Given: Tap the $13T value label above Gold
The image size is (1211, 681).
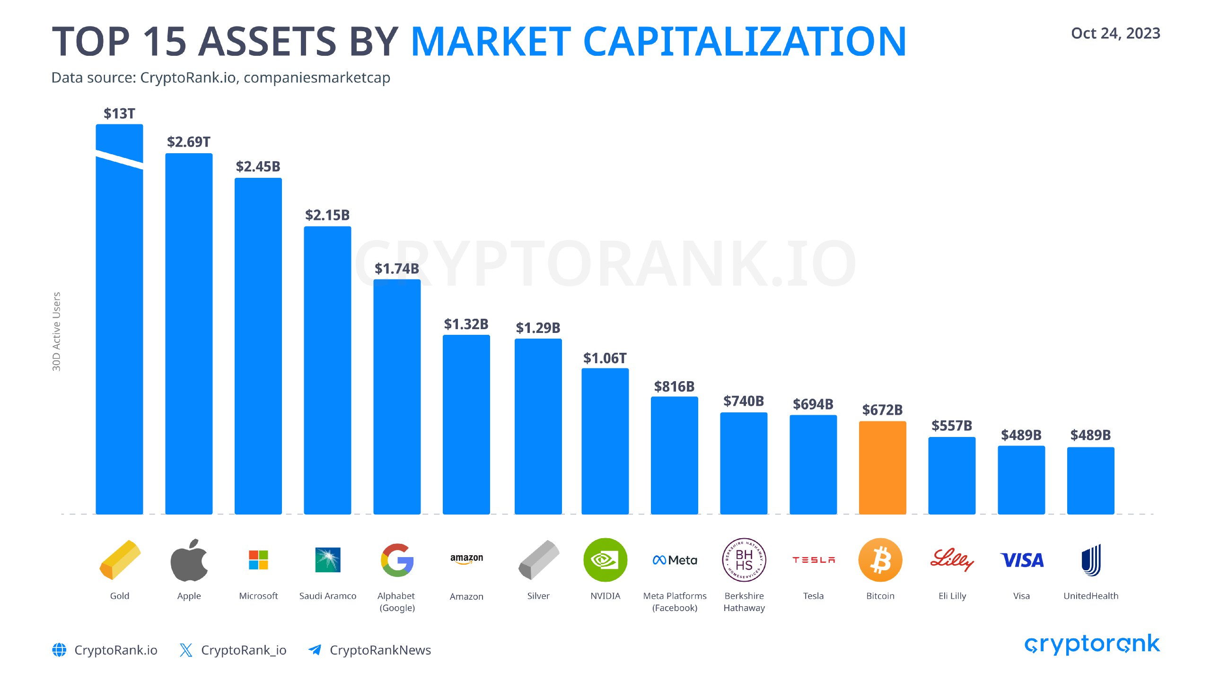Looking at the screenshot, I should click(x=119, y=113).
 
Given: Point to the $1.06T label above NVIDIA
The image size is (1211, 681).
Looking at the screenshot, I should click(x=605, y=358).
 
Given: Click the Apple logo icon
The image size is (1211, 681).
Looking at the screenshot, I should click(x=189, y=560).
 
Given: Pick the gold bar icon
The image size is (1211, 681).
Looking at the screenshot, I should click(x=120, y=560).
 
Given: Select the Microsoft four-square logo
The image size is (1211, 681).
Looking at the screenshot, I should click(x=258, y=560).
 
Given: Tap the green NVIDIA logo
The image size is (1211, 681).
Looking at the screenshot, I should click(x=605, y=560).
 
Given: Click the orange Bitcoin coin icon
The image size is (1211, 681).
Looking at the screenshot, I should click(x=880, y=560).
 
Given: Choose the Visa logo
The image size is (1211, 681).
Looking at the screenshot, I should click(x=1022, y=560).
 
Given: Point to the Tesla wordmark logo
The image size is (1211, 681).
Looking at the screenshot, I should click(x=814, y=560).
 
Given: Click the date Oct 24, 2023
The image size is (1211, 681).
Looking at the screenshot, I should click(x=1115, y=34).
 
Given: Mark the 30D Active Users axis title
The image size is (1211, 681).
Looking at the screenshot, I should click(x=57, y=332).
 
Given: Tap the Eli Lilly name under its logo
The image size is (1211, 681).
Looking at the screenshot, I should click(x=952, y=596).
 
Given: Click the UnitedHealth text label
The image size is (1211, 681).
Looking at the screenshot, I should click(x=1091, y=596).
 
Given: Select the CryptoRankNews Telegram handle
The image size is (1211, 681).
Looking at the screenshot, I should click(x=380, y=650).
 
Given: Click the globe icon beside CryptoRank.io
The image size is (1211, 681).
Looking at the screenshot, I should click(x=59, y=650).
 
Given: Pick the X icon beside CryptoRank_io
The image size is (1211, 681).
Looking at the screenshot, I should click(x=186, y=650).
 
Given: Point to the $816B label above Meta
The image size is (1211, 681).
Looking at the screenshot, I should click(x=674, y=387).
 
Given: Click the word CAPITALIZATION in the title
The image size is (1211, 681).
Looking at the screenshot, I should click(x=745, y=42).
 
